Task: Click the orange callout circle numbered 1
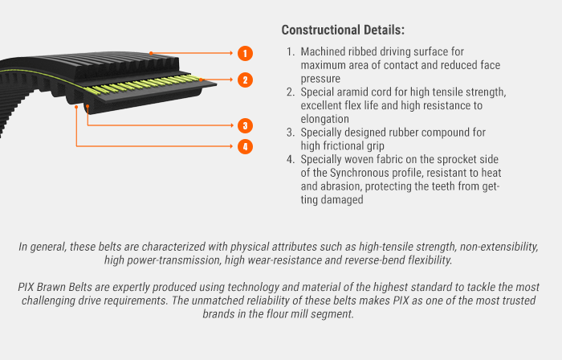(x=245, y=53)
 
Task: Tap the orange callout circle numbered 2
(x=245, y=80)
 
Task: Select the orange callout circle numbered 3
(x=245, y=125)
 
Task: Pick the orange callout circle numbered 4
(x=245, y=146)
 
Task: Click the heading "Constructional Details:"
(x=343, y=30)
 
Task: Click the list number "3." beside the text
(x=291, y=133)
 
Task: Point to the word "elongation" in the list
(x=325, y=119)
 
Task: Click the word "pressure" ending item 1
(x=320, y=79)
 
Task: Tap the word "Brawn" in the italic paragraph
(x=51, y=287)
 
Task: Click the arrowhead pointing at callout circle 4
(x=231, y=146)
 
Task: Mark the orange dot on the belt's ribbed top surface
(x=151, y=53)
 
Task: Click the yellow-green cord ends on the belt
(x=143, y=84)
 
